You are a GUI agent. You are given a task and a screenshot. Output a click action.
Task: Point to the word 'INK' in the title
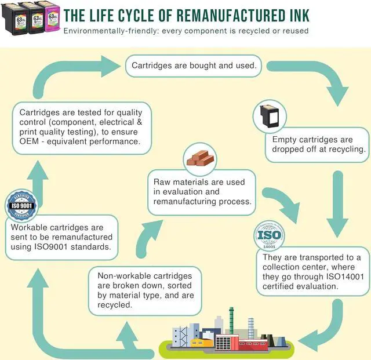297,14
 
